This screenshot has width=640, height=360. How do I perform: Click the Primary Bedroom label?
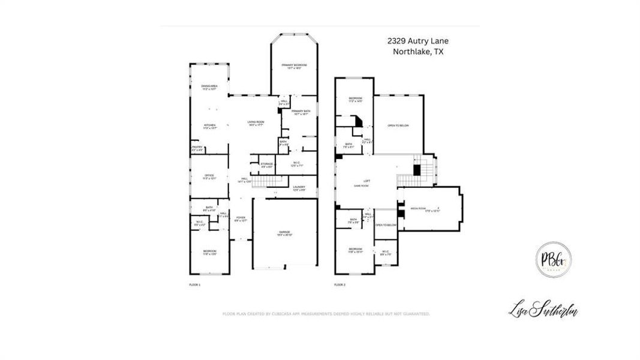295,66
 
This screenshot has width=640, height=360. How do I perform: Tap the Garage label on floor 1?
284,233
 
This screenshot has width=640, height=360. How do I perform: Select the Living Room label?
256,124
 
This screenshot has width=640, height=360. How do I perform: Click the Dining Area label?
209,88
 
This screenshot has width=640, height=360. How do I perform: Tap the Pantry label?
197,148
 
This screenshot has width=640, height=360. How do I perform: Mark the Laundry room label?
299,188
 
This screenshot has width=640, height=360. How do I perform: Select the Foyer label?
241,219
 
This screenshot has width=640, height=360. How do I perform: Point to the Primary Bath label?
301,112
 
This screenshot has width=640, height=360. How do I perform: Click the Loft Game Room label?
366,184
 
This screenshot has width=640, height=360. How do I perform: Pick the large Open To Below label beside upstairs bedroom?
398,125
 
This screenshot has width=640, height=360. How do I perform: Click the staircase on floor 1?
266,182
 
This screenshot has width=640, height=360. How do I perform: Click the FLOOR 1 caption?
195,284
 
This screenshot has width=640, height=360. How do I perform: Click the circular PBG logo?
552,260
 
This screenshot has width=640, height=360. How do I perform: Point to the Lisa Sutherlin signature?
543,311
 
